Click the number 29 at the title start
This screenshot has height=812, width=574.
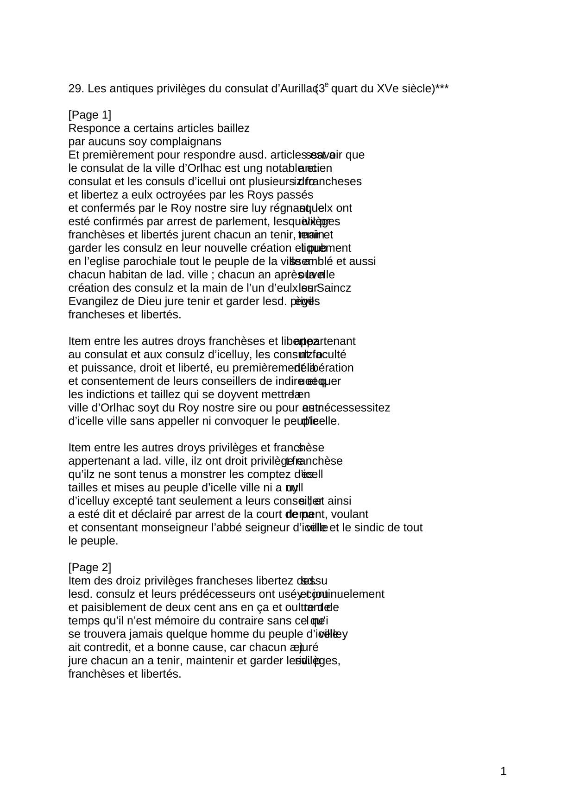(75, 88)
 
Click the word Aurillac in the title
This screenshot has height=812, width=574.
(298, 88)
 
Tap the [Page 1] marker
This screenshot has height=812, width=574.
(90, 115)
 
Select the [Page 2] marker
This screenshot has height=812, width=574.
(90, 568)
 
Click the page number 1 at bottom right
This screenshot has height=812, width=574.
(504, 772)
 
